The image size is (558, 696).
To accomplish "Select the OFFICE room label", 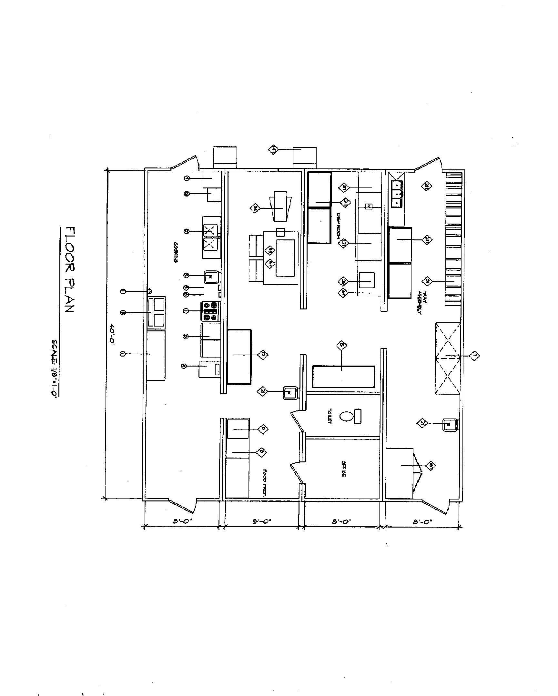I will (x=344, y=469).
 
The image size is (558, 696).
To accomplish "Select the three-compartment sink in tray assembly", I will (x=396, y=194).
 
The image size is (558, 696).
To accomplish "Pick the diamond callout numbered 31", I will (x=427, y=281).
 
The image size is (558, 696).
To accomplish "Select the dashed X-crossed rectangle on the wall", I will (x=447, y=358).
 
